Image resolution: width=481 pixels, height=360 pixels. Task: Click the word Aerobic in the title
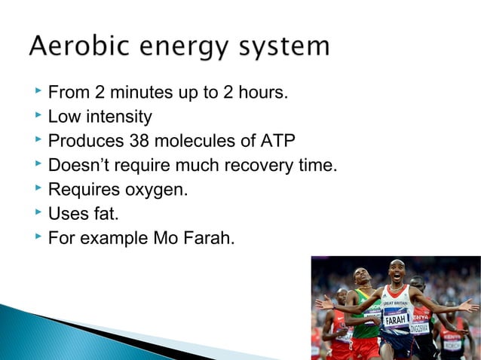pos(73,47)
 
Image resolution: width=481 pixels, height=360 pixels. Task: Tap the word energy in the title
pos(173,48)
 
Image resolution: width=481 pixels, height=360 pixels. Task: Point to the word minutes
pos(144,93)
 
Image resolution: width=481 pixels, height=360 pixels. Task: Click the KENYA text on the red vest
pos(420,316)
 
